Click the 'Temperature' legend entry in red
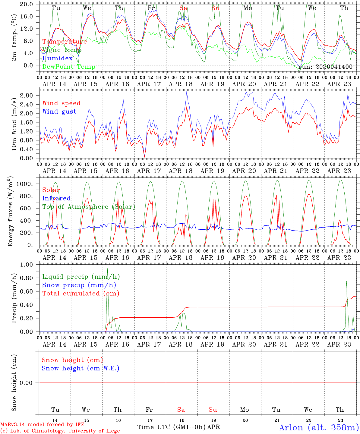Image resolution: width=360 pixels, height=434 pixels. [64, 42]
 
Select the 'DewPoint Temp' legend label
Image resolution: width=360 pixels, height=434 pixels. [68, 67]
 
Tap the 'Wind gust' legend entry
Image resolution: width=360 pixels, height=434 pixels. [59, 112]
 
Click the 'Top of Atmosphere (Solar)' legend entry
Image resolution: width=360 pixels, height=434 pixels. [88, 207]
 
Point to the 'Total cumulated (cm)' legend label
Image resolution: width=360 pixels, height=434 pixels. [81, 293]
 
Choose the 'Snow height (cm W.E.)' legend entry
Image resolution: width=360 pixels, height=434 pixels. [81, 368]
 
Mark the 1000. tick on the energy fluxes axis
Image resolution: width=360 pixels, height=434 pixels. [26, 184]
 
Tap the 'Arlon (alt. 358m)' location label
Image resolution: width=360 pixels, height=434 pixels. [319, 427]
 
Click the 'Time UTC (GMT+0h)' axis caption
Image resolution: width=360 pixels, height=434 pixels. [172, 427]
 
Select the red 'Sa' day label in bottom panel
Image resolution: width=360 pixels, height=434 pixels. [181, 410]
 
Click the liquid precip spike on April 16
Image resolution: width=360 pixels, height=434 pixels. [107, 269]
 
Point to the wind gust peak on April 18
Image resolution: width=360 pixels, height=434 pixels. [187, 92]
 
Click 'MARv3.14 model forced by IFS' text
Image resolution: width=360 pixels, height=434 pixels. [42, 425]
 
